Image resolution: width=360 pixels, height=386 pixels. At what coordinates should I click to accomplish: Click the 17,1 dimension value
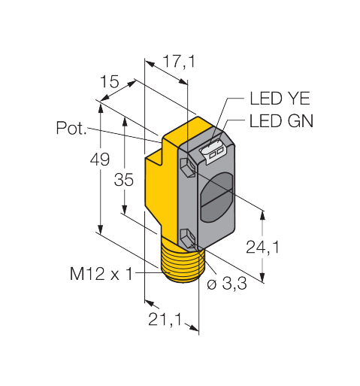pyautogui.click(x=179, y=61)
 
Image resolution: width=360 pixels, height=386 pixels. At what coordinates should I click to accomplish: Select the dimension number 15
pyautogui.click(x=110, y=81)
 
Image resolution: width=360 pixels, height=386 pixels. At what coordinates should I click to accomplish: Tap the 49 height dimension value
pyautogui.click(x=100, y=159)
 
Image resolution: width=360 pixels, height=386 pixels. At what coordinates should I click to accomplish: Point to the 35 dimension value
pyautogui.click(x=124, y=180)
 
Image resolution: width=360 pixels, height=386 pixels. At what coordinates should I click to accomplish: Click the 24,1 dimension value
pyautogui.click(x=262, y=247)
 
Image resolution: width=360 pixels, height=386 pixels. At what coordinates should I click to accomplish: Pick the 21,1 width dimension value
pyautogui.click(x=165, y=320)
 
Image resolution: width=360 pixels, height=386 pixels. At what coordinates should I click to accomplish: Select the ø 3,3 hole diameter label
pyautogui.click(x=227, y=284)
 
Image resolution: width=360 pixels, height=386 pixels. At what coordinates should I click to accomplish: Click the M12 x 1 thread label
pyautogui.click(x=101, y=274)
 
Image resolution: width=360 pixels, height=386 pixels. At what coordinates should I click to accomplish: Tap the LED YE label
pyautogui.click(x=280, y=99)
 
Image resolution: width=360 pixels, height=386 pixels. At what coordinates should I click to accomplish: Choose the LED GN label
pyautogui.click(x=281, y=121)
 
